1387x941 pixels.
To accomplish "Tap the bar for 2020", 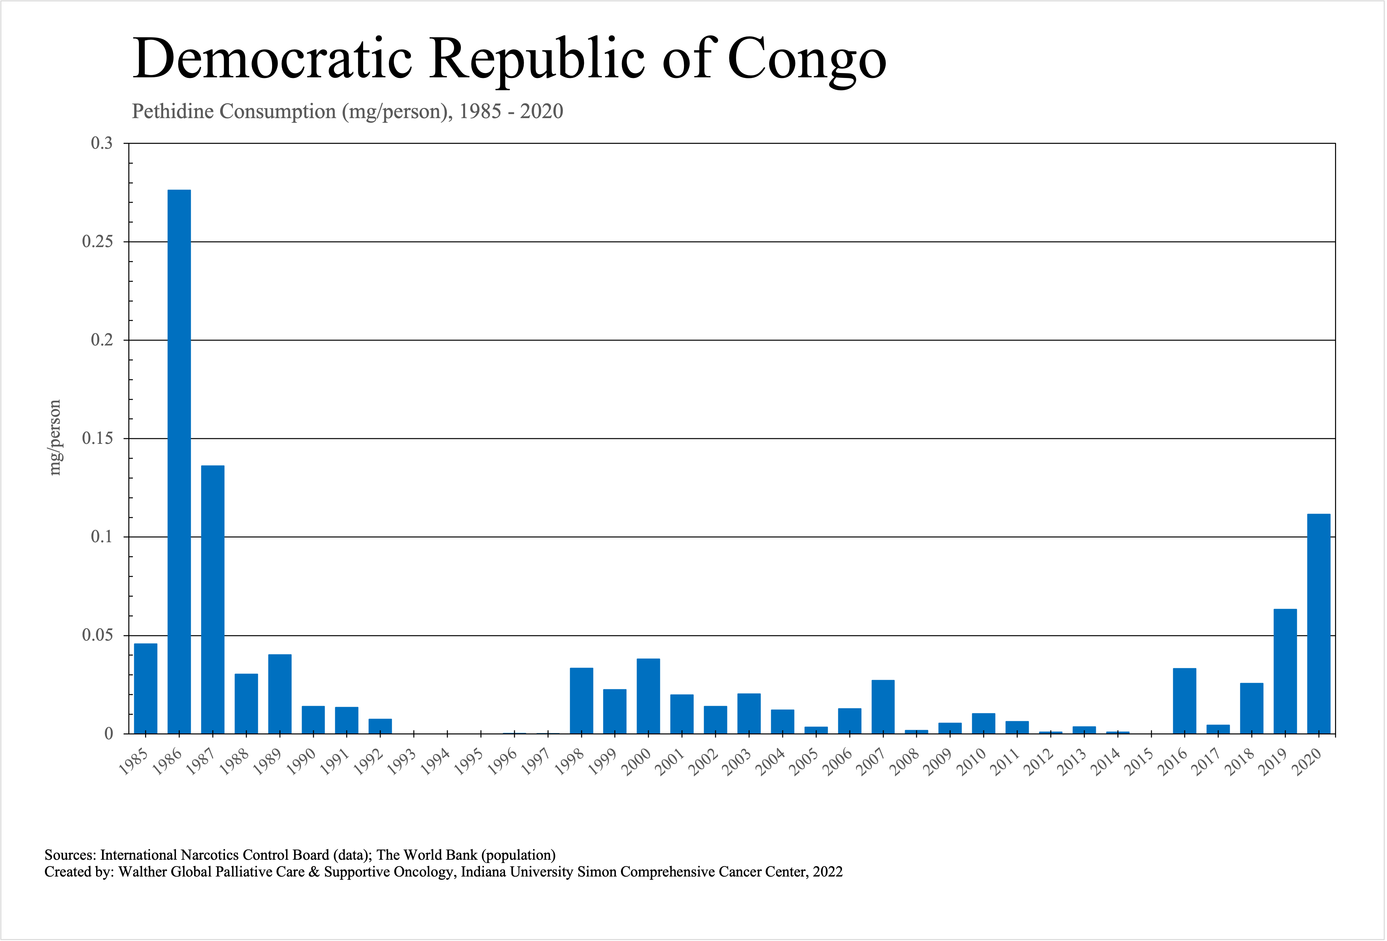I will click(x=1318, y=623).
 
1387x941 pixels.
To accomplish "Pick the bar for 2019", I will click(x=1285, y=671).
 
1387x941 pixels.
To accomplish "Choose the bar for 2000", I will click(x=648, y=696).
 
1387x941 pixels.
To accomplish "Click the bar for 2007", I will click(x=883, y=707).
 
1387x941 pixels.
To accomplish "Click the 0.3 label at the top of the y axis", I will click(x=101, y=143).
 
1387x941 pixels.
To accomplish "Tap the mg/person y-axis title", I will click(x=55, y=437).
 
